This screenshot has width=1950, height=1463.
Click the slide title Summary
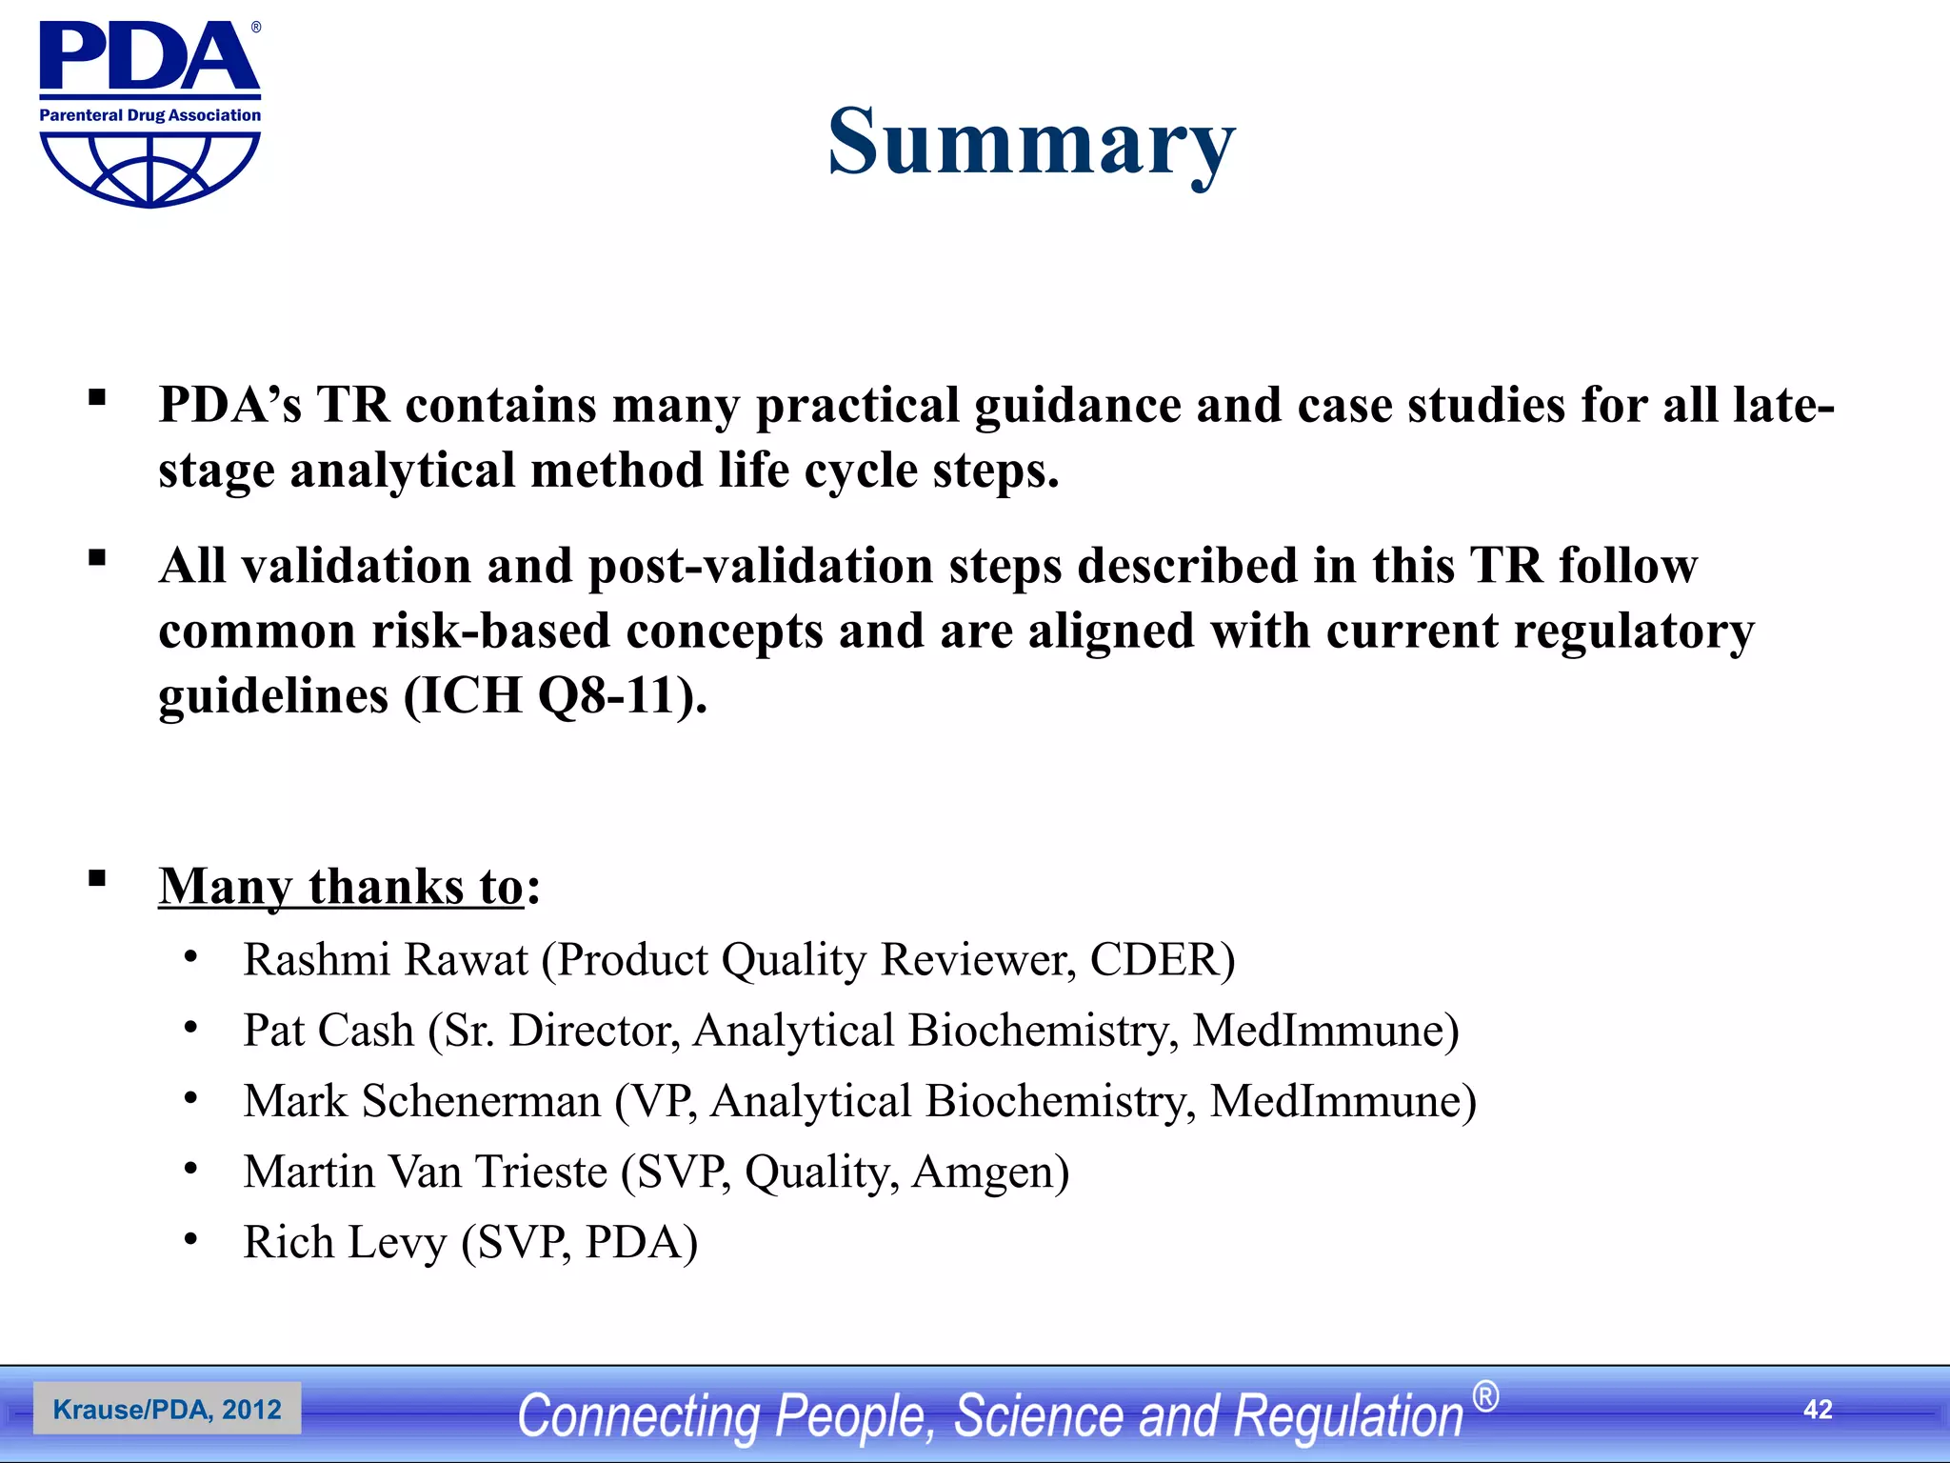[1031, 143]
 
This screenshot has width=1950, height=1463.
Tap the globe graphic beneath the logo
[149, 170]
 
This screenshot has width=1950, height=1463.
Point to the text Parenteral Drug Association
[149, 115]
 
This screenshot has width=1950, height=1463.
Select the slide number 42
[1818, 1410]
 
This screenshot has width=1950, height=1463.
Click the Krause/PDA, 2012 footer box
[168, 1410]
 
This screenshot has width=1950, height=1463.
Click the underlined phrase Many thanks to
[341, 887]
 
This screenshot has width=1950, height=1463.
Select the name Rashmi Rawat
[386, 960]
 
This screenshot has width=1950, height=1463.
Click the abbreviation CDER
[1154, 960]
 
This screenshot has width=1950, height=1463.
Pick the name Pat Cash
[328, 1031]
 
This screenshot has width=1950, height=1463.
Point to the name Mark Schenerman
[422, 1101]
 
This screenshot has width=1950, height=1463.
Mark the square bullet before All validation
[97, 558]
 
